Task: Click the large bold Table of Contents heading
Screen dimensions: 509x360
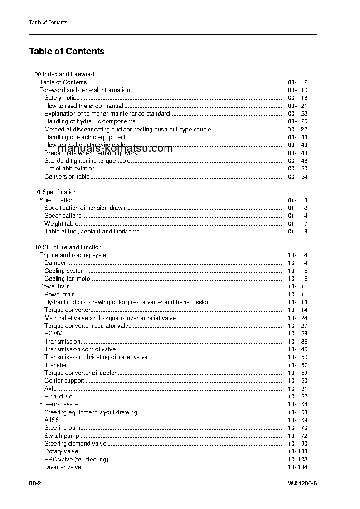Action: pyautogui.click(x=67, y=51)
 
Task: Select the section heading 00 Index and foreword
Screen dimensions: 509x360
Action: pyautogui.click(x=64, y=74)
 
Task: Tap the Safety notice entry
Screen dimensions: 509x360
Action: pyautogui.click(x=62, y=98)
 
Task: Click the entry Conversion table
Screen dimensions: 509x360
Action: pyautogui.click(x=67, y=177)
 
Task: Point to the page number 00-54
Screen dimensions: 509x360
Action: pyautogui.click(x=297, y=177)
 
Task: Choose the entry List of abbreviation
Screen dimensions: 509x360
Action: pyautogui.click(x=69, y=169)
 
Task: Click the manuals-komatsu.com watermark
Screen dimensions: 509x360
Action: pyautogui.click(x=116, y=149)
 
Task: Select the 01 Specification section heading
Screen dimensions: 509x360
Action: pyautogui.click(x=56, y=192)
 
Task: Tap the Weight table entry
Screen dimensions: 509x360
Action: pyautogui.click(x=61, y=224)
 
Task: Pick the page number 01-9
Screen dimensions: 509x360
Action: pyautogui.click(x=297, y=232)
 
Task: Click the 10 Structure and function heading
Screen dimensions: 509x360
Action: pyautogui.click(x=68, y=247)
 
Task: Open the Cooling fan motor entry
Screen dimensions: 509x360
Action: pyautogui.click(x=68, y=279)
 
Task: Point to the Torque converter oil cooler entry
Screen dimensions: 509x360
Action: pyautogui.click(x=80, y=373)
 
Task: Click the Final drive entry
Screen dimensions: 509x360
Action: pyautogui.click(x=58, y=397)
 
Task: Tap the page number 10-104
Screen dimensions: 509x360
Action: pyautogui.click(x=297, y=467)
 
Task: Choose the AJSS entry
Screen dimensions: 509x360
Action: pyautogui.click(x=52, y=420)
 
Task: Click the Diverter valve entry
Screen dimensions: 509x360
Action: pyautogui.click(x=63, y=467)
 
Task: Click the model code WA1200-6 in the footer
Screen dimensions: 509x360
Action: pyautogui.click(x=302, y=484)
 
